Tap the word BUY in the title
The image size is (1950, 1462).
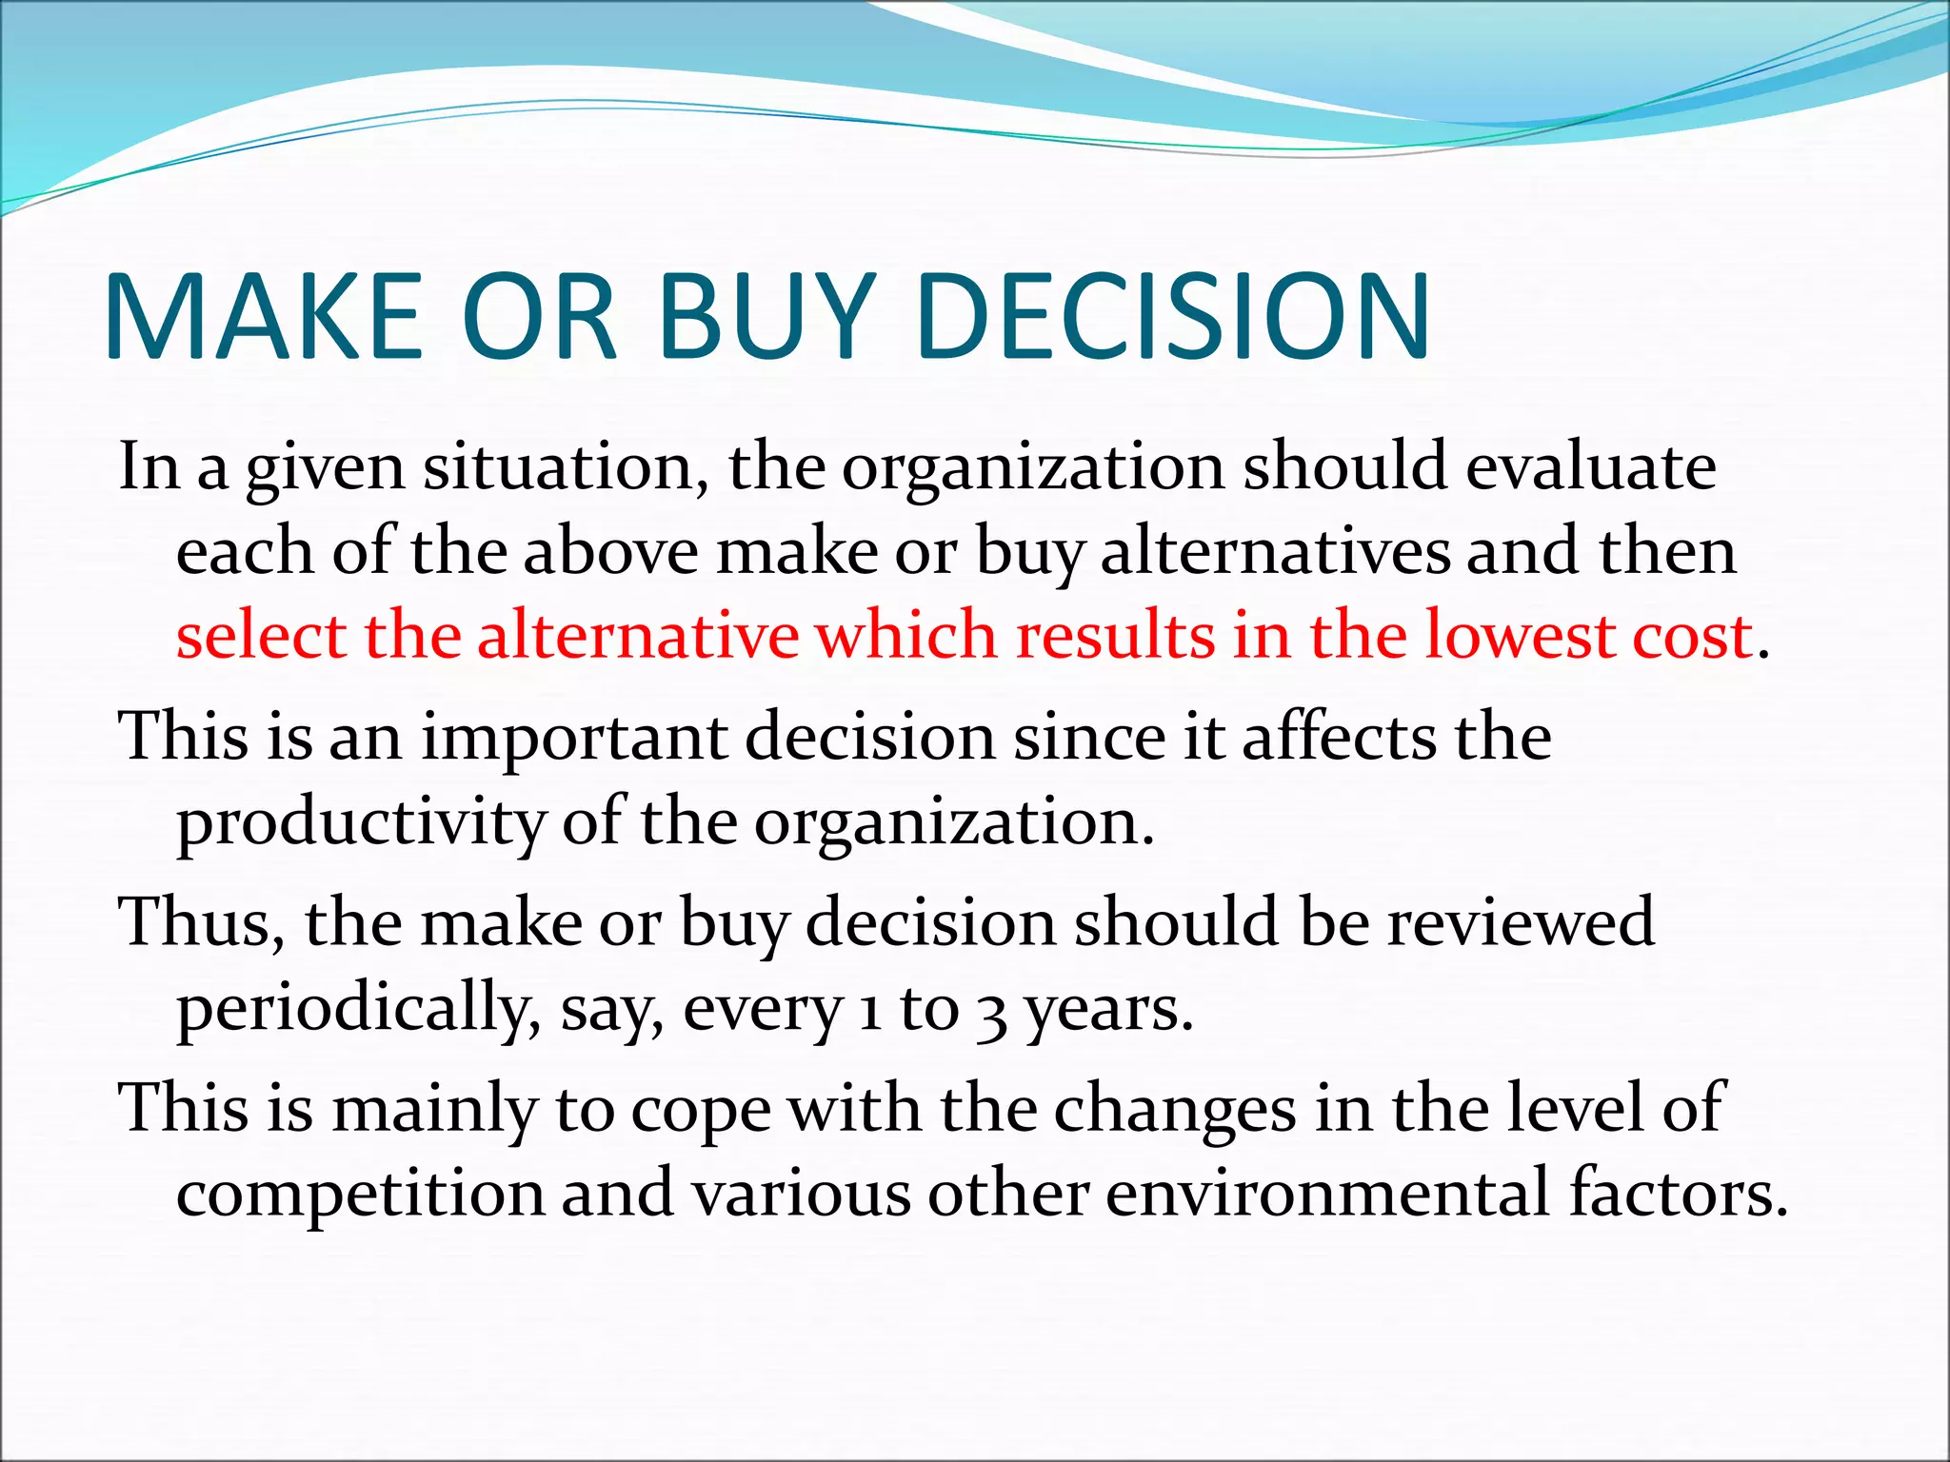tap(766, 316)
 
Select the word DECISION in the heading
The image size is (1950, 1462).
tap(1173, 316)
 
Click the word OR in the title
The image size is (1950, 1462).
tap(540, 316)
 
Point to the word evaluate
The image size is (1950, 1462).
tap(1590, 467)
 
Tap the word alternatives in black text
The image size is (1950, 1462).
tap(1275, 552)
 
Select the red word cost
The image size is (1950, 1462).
tap(1693, 636)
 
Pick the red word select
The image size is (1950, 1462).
tap(260, 636)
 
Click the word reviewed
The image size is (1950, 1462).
tap(1520, 922)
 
